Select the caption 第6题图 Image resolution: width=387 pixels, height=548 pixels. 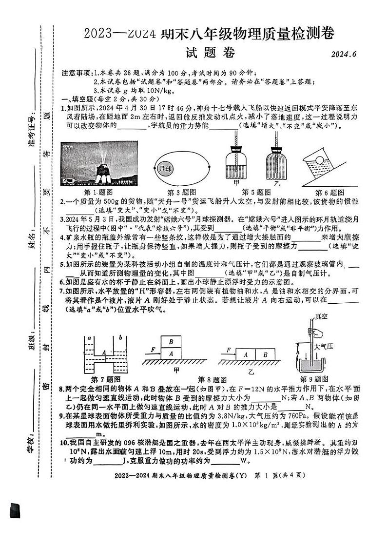pyautogui.click(x=330, y=192)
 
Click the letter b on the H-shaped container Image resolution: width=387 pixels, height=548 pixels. pyautogui.click(x=120, y=337)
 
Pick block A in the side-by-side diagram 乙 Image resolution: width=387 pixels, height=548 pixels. pyautogui.click(x=246, y=354)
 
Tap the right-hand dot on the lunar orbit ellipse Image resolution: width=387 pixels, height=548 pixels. pyautogui.click(x=209, y=167)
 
